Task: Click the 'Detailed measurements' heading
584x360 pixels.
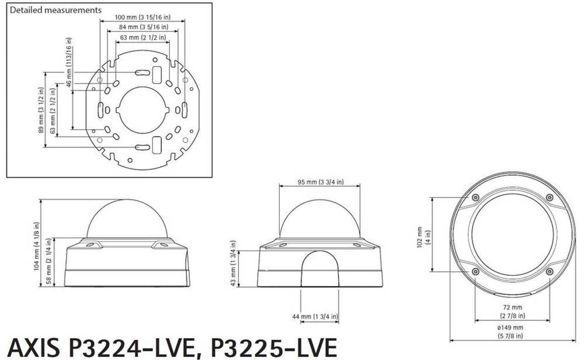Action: click(55, 10)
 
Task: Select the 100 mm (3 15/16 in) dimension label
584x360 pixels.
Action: click(142, 17)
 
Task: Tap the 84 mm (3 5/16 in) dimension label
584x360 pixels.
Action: click(144, 27)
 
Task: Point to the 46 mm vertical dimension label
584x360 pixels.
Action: click(69, 62)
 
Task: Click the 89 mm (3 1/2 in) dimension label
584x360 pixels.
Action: click(41, 110)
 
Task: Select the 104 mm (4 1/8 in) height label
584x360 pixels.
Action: click(36, 246)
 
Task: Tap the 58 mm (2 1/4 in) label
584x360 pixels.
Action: click(49, 261)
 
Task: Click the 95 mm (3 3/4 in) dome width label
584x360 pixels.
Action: click(321, 182)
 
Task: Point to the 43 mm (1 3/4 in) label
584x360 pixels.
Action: click(233, 263)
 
